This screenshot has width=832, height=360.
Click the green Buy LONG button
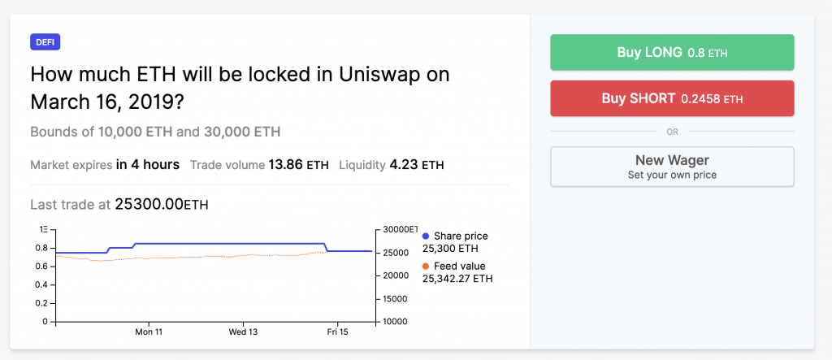point(672,52)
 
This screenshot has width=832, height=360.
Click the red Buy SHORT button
point(672,98)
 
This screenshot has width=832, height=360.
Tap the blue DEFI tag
point(45,42)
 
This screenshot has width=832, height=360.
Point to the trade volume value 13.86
point(285,164)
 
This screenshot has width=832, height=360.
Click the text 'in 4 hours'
point(148,164)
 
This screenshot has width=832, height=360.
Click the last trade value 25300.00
point(149,205)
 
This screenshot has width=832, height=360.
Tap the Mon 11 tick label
point(149,332)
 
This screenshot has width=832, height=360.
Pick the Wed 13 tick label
point(243,332)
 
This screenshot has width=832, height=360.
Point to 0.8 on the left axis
point(41,248)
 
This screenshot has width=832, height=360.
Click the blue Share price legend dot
point(426,236)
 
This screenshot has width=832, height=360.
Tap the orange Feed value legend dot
point(426,266)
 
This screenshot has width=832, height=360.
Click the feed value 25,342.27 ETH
point(457,278)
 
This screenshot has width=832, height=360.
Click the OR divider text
point(672,131)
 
